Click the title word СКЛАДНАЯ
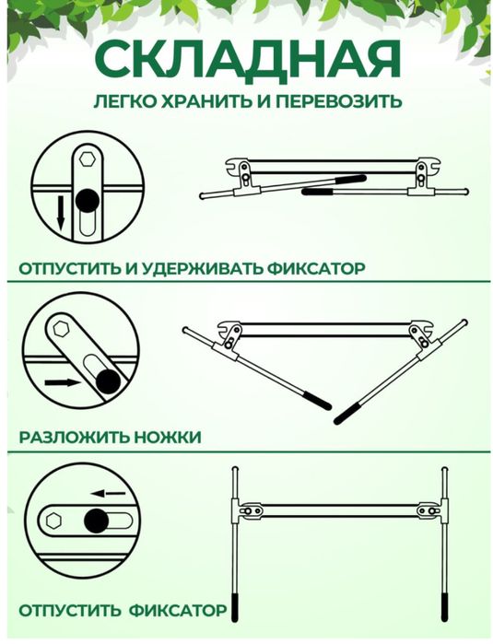[247, 60]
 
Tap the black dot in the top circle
[88, 200]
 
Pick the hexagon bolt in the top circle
[88, 159]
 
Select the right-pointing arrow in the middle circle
[61, 380]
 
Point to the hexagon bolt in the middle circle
[64, 330]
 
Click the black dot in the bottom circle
[96, 521]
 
